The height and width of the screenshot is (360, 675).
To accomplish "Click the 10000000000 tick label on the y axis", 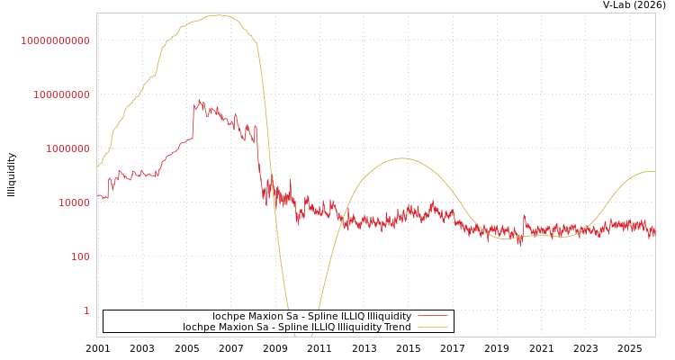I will (55, 40).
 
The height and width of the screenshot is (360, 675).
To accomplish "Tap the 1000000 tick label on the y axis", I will (67, 148).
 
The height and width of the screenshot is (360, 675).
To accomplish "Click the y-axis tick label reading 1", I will (86, 310).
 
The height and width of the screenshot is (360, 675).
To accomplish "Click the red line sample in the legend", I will (433, 316).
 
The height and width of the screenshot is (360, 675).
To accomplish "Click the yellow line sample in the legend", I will (433, 327).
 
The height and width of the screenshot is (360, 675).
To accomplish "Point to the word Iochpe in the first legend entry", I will (228, 316).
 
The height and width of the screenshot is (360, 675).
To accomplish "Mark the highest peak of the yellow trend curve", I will (218, 15).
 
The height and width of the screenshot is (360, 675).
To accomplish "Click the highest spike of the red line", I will (199, 100).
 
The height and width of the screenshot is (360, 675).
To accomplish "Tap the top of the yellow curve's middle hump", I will (401, 158).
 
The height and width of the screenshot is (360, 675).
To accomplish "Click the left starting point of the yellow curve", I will (97, 166).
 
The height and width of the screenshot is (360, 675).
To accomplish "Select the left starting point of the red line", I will (97, 195).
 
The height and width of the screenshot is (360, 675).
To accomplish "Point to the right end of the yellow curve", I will (654, 171).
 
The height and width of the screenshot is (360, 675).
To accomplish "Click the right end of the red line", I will (654, 231).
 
